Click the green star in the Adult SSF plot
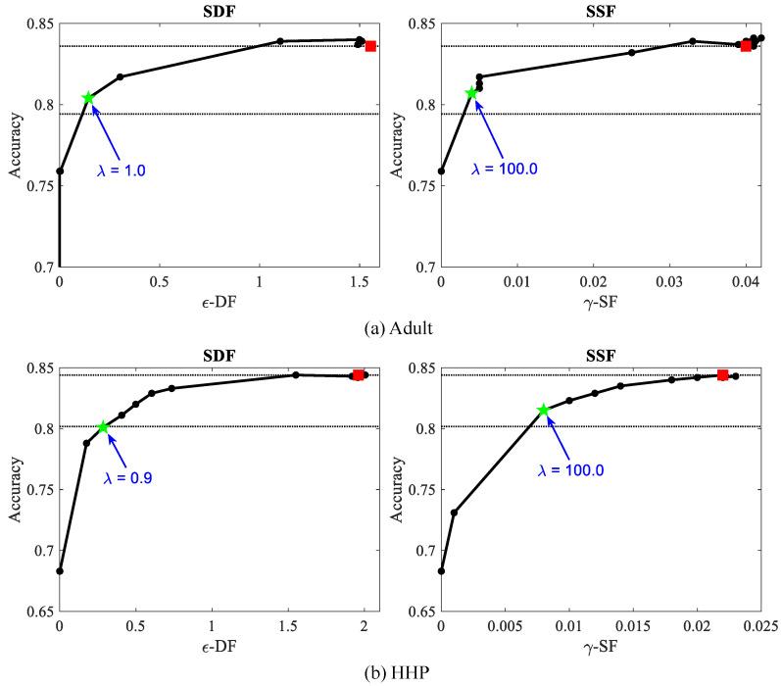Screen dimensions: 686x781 (471, 93)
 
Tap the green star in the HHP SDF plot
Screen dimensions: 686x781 (103, 427)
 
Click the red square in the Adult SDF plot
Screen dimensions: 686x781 (370, 46)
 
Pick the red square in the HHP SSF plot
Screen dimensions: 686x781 (722, 375)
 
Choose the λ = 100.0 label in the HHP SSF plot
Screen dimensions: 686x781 (571, 469)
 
